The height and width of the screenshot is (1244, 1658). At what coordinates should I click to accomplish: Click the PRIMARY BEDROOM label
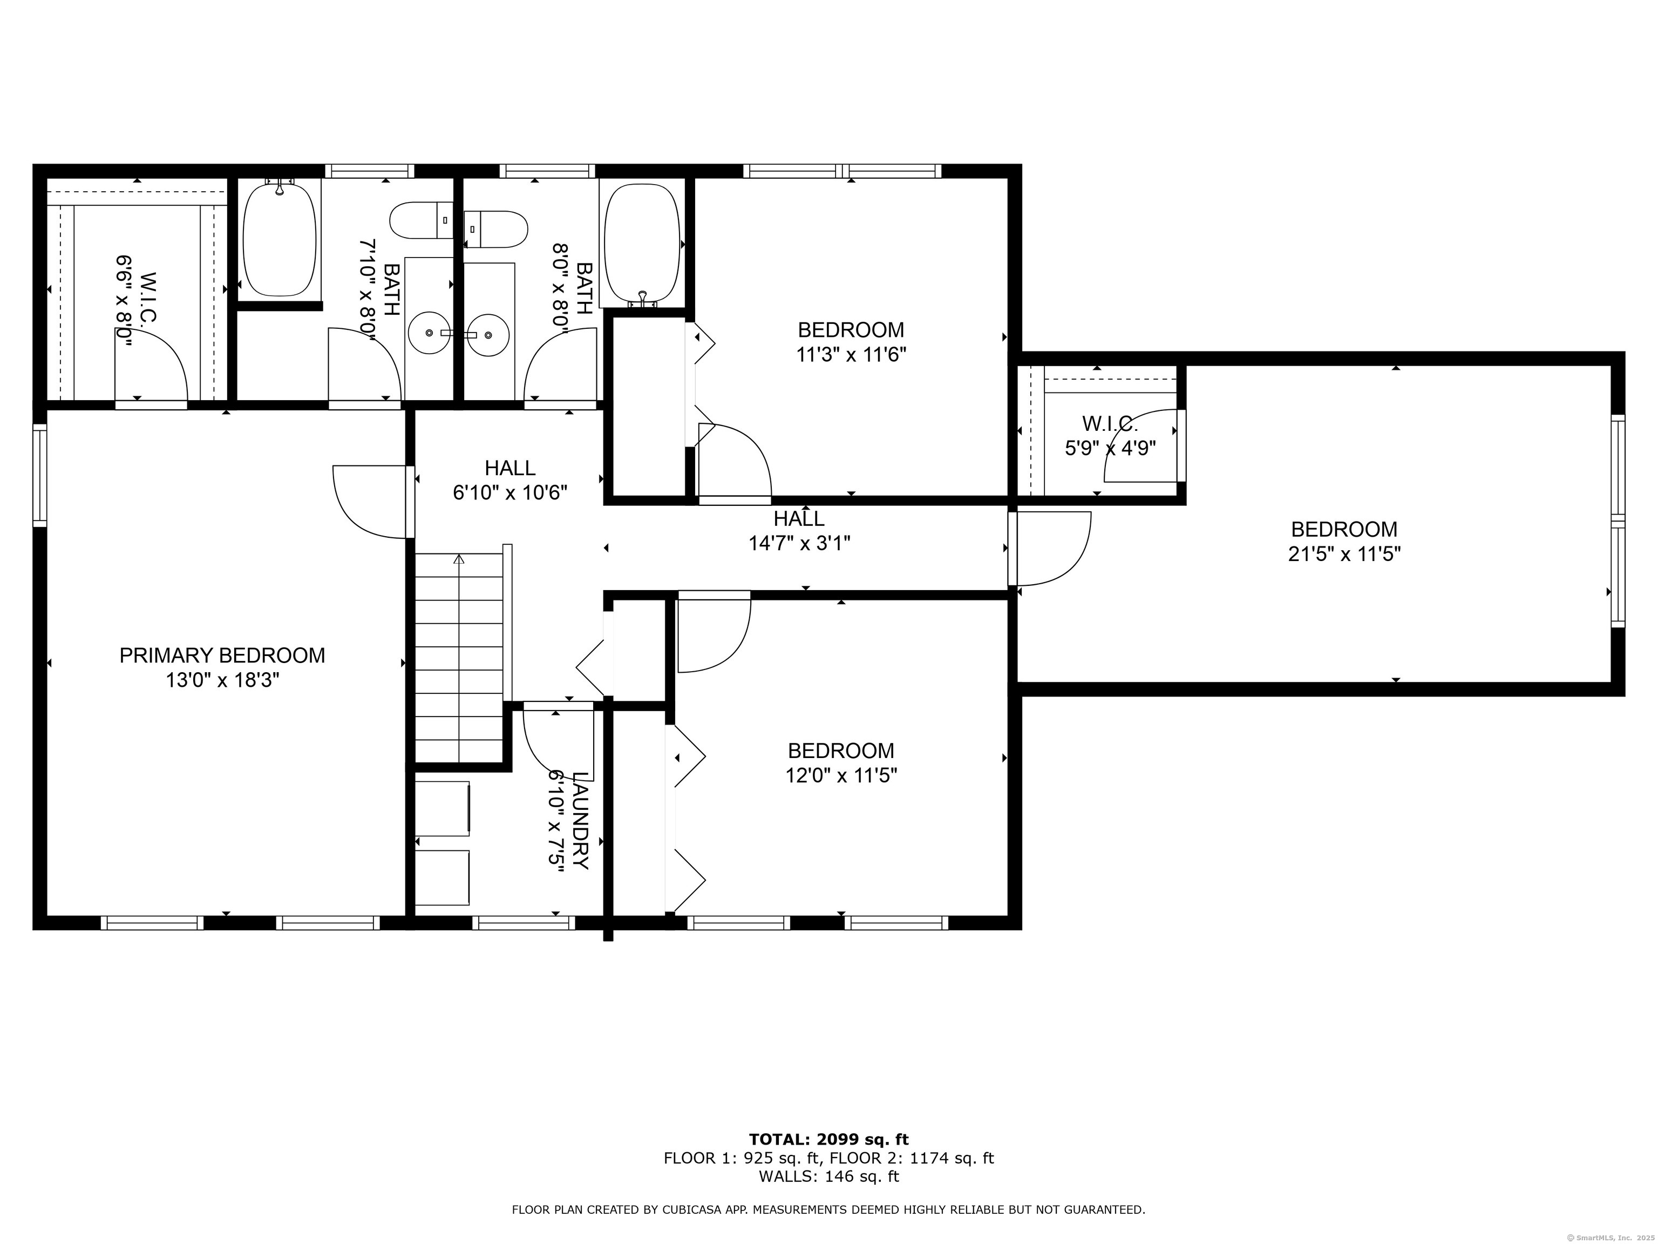click(x=222, y=655)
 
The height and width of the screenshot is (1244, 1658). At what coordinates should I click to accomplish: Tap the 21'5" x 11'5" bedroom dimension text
click(x=1344, y=554)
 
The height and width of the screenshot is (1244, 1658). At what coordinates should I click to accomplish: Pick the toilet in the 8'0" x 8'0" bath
click(x=497, y=229)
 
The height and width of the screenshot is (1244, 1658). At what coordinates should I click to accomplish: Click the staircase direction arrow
click(x=459, y=559)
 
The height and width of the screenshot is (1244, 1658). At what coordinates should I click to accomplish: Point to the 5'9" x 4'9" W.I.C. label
click(x=1110, y=436)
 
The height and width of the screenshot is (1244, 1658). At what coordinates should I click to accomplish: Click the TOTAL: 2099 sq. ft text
click(x=828, y=1140)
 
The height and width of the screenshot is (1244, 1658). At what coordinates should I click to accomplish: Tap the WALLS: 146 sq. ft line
click(x=828, y=1177)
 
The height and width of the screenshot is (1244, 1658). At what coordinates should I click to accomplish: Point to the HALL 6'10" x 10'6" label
click(x=509, y=480)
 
